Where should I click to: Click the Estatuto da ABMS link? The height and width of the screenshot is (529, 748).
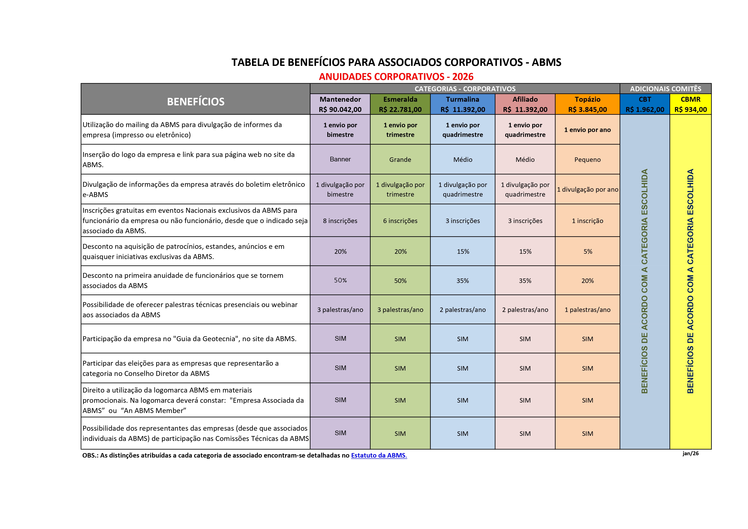click(379, 455)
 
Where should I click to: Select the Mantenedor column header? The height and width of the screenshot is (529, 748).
click(340, 104)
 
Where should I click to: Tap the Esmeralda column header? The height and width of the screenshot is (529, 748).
click(400, 104)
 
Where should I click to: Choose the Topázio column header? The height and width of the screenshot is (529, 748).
click(587, 104)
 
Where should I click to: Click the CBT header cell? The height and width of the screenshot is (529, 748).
click(645, 104)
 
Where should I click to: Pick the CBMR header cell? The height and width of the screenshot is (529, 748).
click(690, 104)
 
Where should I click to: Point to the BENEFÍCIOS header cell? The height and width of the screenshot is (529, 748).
click(196, 102)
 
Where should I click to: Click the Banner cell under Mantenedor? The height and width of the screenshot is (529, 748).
click(340, 159)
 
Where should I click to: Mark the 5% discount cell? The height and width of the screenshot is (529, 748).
click(588, 251)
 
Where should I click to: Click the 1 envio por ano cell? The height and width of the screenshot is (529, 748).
click(587, 130)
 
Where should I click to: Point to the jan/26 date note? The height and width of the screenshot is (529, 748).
click(691, 454)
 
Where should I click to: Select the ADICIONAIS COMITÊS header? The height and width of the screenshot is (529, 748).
click(665, 89)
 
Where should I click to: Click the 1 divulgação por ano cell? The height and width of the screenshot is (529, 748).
click(587, 190)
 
